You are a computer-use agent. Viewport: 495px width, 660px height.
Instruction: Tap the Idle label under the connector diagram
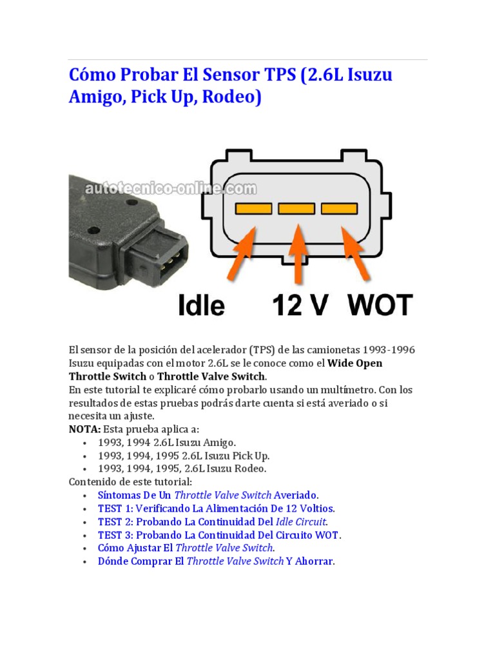point(202,305)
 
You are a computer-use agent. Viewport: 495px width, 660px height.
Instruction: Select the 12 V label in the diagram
point(297,305)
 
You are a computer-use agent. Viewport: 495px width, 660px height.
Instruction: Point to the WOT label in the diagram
point(380,305)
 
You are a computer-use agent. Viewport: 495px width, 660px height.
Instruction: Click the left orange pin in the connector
point(253,209)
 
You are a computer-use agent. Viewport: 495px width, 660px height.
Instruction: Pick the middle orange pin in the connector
point(296,209)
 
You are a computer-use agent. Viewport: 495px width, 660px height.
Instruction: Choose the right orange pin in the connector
point(339,209)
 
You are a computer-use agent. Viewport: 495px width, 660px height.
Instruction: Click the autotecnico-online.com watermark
point(171,189)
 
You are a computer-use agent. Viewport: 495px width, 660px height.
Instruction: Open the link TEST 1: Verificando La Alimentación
point(217,508)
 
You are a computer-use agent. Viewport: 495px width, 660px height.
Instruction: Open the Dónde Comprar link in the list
point(217,561)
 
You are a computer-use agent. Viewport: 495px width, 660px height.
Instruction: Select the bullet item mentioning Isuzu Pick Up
point(184,456)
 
